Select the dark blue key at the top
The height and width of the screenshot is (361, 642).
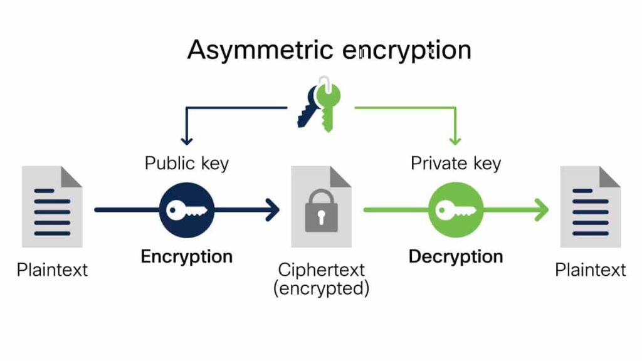coord(308,108)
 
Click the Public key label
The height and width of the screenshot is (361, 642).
coord(187,164)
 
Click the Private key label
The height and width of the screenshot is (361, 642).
coord(456,164)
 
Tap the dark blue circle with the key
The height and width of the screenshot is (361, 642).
coord(187,210)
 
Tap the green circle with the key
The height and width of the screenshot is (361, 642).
coord(456,210)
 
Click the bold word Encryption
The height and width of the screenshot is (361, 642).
coord(187,256)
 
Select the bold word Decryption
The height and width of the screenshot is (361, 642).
coord(456,256)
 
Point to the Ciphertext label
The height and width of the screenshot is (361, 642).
coord(321,271)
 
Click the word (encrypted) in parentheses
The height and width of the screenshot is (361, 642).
coord(321,289)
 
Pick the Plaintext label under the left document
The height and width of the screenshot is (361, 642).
coord(52,270)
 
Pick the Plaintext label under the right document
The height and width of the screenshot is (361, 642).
coord(591,270)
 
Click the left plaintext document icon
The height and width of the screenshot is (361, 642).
coord(52,207)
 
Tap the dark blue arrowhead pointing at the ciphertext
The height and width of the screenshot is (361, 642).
coord(273,210)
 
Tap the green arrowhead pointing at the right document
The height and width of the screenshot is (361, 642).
coord(540,210)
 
